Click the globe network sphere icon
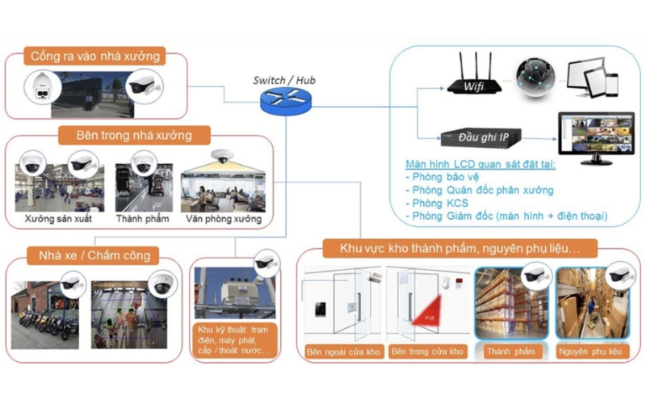536,77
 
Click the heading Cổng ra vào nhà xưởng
94,57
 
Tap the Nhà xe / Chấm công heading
90,256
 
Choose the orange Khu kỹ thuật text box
236,340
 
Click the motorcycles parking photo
47,314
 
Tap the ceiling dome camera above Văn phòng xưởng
220,157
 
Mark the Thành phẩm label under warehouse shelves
510,351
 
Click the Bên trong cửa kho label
427,351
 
